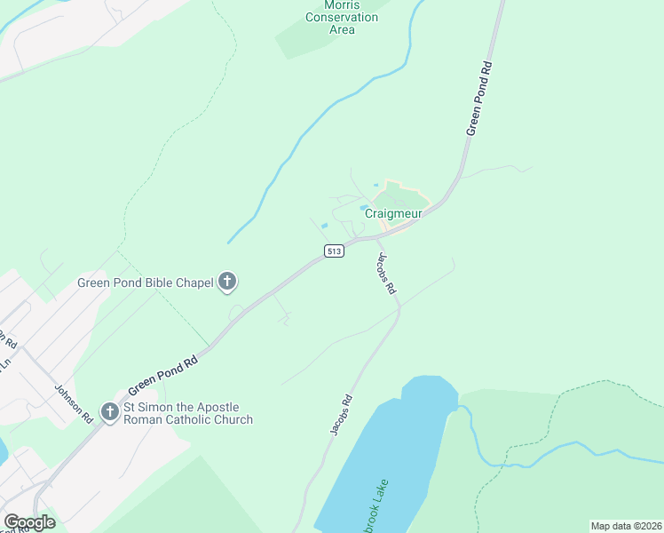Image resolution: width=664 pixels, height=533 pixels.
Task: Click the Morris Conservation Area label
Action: pyautogui.click(x=342, y=18)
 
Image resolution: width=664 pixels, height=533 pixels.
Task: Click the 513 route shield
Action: pyautogui.click(x=334, y=251)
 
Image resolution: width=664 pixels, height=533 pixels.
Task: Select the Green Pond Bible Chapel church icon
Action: pyautogui.click(x=227, y=282)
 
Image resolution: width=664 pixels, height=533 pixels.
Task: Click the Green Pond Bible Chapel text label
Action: pyautogui.click(x=146, y=283)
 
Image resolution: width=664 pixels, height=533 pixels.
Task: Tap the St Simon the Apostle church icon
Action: pyautogui.click(x=109, y=411)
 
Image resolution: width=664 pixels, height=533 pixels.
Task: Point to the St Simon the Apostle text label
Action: pyautogui.click(x=187, y=414)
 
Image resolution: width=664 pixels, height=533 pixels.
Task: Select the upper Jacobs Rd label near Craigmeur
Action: pyautogui.click(x=384, y=274)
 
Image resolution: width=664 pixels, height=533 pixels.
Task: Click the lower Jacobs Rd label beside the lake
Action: pyautogui.click(x=341, y=415)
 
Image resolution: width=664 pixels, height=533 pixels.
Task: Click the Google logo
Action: pyautogui.click(x=29, y=522)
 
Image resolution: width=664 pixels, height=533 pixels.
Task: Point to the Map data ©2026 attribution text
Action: pyautogui.click(x=626, y=526)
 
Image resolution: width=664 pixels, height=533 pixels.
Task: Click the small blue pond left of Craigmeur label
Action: pyautogui.click(x=364, y=209)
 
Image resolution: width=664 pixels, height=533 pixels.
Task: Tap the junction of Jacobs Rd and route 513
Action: pyautogui.click(x=378, y=238)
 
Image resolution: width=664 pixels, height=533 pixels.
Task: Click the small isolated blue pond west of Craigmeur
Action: pyautogui.click(x=324, y=226)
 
